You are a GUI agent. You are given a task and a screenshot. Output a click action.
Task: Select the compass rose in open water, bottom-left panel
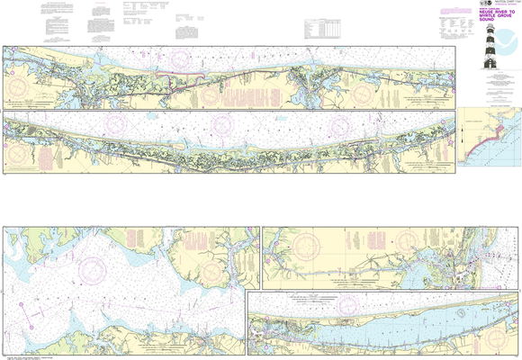(93, 269)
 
